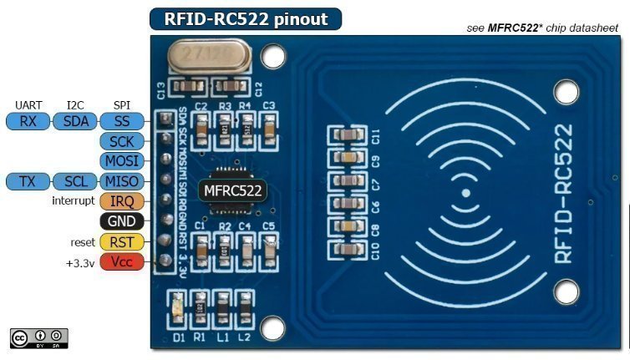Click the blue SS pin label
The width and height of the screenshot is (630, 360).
pos(122,121)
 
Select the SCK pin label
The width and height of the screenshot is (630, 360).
pos(122,141)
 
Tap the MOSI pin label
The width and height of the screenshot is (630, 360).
pos(122,160)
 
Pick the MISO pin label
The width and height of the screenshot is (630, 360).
pos(122,181)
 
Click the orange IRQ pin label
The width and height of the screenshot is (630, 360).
pos(122,201)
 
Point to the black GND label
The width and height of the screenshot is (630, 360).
pos(122,221)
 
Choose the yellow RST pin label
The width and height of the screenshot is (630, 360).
pos(122,241)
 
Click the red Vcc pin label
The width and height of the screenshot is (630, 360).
pos(122,262)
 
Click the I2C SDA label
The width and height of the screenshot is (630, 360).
pos(74,121)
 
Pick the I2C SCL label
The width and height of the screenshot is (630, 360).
pos(74,181)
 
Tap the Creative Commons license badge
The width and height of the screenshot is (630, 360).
pos(38,337)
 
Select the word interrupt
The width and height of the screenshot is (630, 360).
pos(73,201)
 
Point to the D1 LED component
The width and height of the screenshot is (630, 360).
pos(177,307)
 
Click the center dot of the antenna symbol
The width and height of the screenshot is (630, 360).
pos(465,192)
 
